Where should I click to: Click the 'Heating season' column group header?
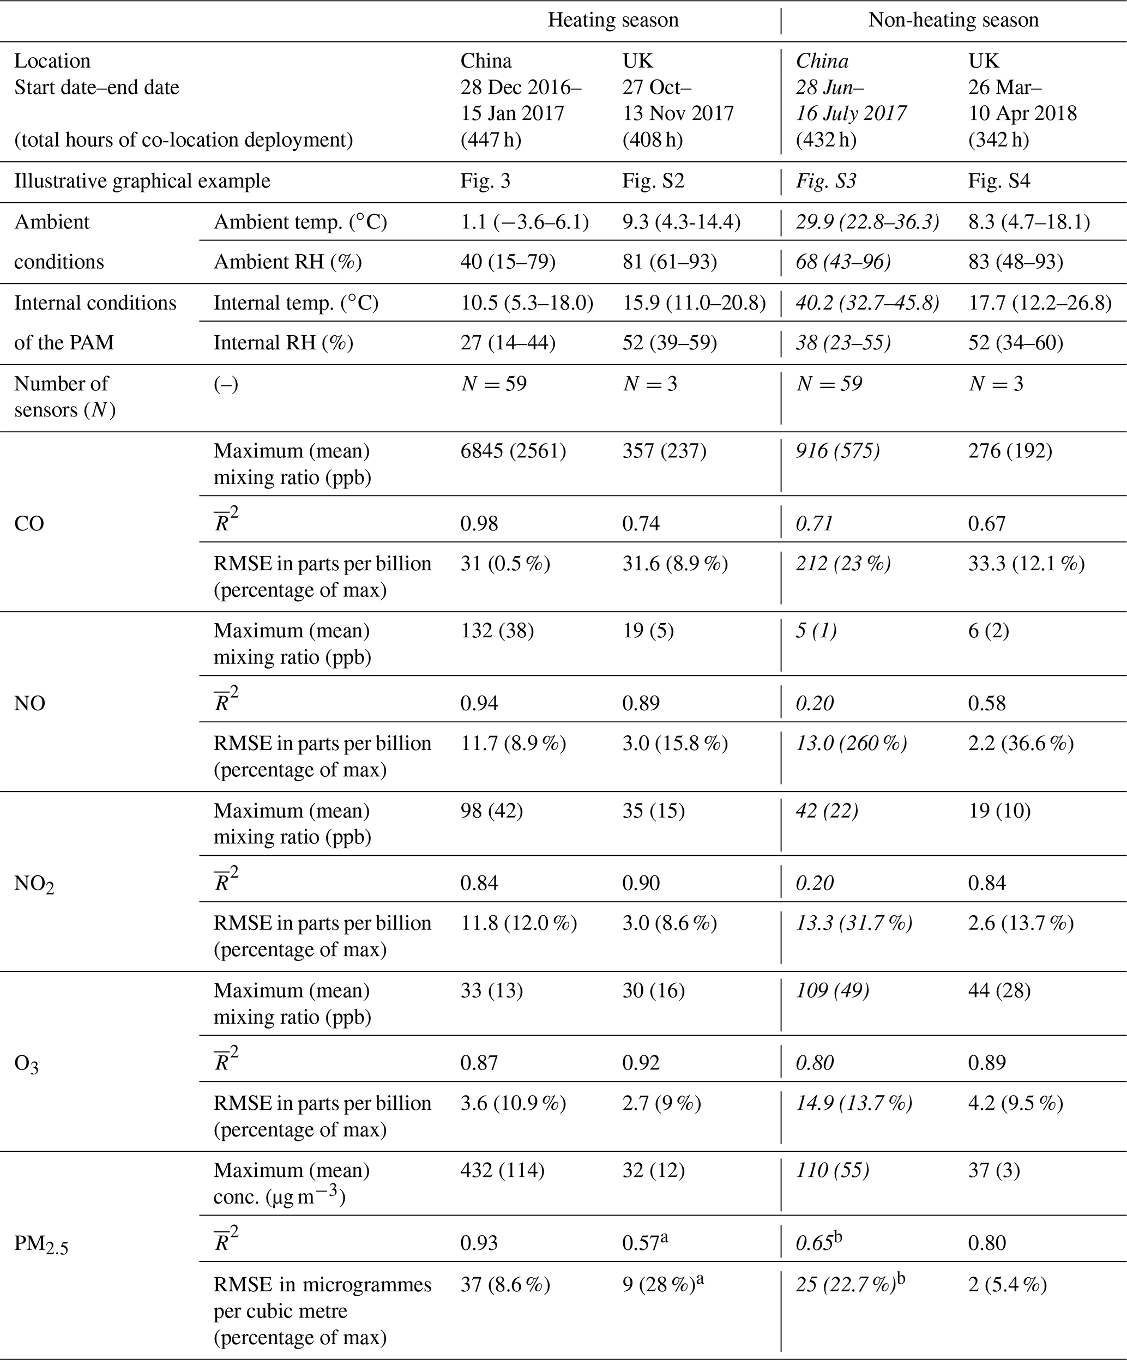613,20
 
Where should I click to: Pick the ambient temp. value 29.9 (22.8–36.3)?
867,222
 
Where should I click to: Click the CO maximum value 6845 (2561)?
513,450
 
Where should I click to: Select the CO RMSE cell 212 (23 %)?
842,564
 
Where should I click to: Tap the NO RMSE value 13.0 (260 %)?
851,743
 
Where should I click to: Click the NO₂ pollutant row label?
34,884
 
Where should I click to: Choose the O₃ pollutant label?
26,1064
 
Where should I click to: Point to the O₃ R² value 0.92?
641,1063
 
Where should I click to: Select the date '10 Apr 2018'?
1022,113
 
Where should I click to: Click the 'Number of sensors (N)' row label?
64,396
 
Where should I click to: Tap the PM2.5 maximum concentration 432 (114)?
502,1170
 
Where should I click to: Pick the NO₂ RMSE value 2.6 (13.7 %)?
1020,923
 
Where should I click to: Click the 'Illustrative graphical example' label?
142,180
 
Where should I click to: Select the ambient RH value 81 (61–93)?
669,262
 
